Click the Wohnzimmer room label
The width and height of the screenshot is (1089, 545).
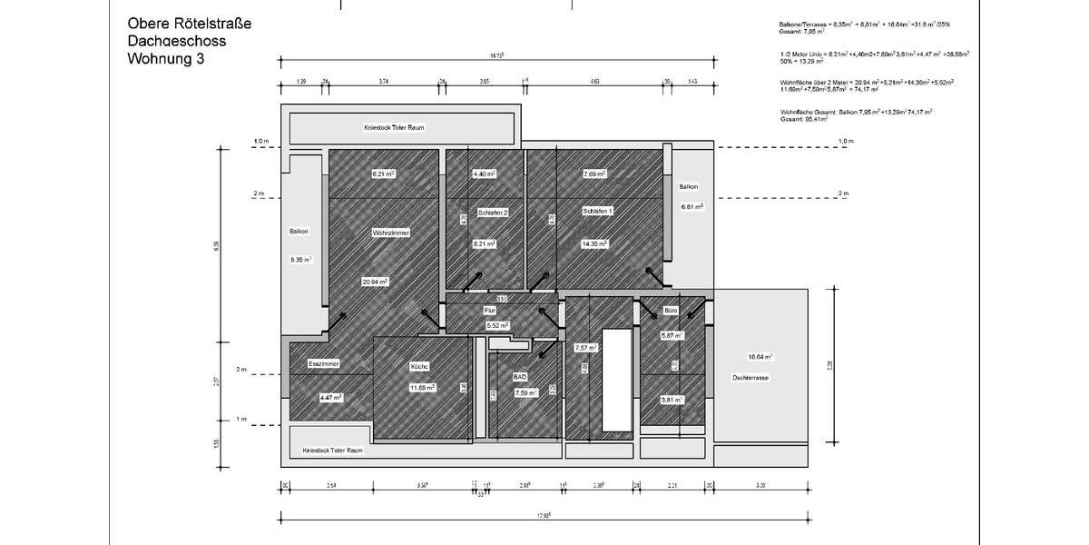click(390, 233)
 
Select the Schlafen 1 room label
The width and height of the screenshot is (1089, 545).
click(597, 211)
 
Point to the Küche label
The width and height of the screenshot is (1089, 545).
click(419, 366)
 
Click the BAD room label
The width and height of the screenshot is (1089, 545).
click(520, 376)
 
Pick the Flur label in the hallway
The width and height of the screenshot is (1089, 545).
click(489, 311)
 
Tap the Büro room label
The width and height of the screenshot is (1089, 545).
click(672, 311)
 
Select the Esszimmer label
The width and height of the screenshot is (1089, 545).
click(323, 363)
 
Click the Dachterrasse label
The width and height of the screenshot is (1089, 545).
click(751, 377)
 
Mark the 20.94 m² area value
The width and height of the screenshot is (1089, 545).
click(375, 282)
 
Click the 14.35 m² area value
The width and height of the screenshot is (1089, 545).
click(594, 243)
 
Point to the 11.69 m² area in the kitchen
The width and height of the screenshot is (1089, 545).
click(422, 387)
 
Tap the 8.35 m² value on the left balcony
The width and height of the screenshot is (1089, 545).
click(301, 260)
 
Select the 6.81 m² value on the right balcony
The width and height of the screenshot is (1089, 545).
click(692, 206)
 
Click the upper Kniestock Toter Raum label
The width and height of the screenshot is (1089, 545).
click(394, 128)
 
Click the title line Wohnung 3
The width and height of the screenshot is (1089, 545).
click(166, 59)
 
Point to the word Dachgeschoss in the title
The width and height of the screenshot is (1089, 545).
click(177, 41)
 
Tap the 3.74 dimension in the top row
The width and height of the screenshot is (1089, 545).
click(384, 82)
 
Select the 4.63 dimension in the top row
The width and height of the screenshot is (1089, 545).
click(594, 82)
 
